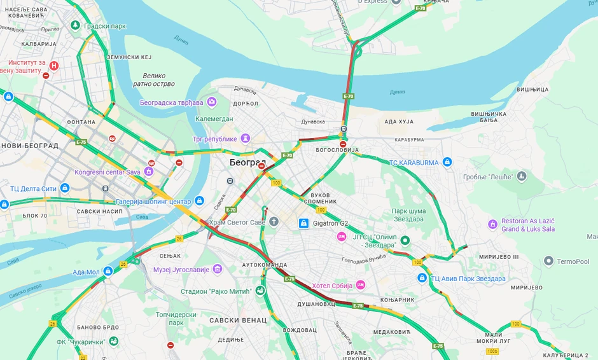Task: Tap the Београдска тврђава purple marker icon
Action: (211, 102)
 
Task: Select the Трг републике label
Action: (214, 139)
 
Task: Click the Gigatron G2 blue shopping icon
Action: (304, 223)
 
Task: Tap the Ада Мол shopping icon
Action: (108, 271)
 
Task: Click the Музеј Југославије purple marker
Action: (218, 269)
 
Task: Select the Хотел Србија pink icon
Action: (361, 284)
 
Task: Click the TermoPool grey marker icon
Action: (548, 261)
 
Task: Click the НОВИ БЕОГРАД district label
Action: (29, 146)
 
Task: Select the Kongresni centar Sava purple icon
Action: (149, 171)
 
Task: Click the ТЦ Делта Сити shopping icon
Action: (64, 188)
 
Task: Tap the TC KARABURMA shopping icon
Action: (447, 162)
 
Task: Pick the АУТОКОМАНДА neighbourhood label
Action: (265, 265)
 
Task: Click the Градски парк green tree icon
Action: (75, 25)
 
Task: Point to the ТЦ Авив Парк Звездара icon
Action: (422, 278)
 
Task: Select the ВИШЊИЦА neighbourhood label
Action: (533, 90)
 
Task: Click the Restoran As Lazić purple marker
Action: (492, 225)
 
